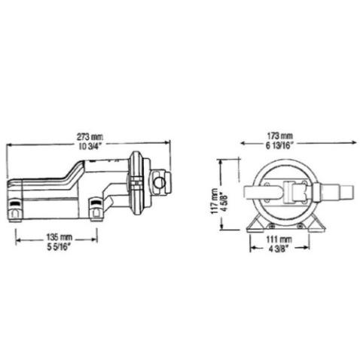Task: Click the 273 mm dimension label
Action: pyautogui.click(x=90, y=137)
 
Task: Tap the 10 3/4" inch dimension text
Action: pyautogui.click(x=90, y=146)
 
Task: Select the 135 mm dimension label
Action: pyautogui.click(x=59, y=236)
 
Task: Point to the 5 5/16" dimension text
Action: pyautogui.click(x=58, y=247)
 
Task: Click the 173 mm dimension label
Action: pyautogui.click(x=279, y=136)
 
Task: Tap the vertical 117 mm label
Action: pyautogui.click(x=214, y=201)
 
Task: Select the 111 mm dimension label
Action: pyautogui.click(x=279, y=239)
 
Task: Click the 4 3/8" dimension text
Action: pyautogui.click(x=279, y=249)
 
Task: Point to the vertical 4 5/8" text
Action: pyautogui.click(x=224, y=202)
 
